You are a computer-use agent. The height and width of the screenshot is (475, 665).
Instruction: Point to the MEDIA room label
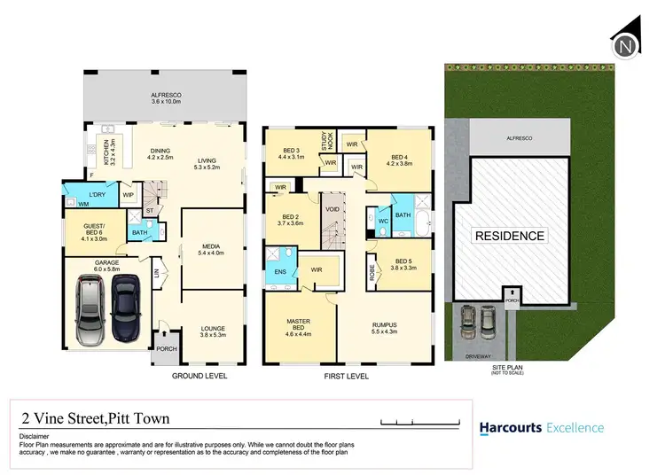point(211,247)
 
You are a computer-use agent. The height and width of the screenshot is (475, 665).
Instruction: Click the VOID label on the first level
point(332,210)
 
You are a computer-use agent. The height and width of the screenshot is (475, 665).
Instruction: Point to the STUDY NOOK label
point(325,139)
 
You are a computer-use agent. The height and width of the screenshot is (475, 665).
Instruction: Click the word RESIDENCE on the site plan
point(510,236)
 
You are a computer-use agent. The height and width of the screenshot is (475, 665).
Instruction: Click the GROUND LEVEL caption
point(199,376)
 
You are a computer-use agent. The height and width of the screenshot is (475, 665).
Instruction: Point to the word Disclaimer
point(35,438)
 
